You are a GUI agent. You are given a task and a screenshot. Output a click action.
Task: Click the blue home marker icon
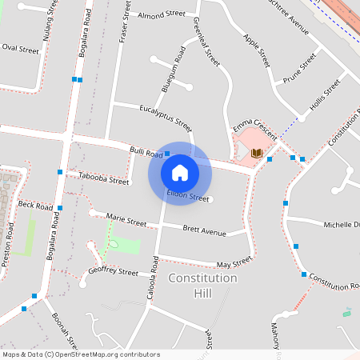pyautogui.click(x=179, y=172)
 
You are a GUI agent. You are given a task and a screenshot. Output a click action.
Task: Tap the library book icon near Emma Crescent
pyautogui.click(x=256, y=153)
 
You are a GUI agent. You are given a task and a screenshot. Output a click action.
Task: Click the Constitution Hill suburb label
pyautogui.click(x=203, y=286)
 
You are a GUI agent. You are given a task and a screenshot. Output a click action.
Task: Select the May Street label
pyautogui.click(x=234, y=262)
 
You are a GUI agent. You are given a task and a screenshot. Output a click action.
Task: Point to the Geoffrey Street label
pyautogui.click(x=113, y=272)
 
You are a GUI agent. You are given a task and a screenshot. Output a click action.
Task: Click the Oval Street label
pyautogui.click(x=20, y=50)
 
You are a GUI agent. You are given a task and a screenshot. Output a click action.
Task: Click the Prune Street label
pyautogui.click(x=299, y=70)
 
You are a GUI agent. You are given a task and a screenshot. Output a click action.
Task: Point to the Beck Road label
pyautogui.click(x=34, y=206)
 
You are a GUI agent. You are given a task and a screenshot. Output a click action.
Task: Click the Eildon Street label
pyautogui.click(x=188, y=197)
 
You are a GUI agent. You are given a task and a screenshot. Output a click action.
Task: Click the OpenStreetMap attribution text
pyautogui.click(x=81, y=354)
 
